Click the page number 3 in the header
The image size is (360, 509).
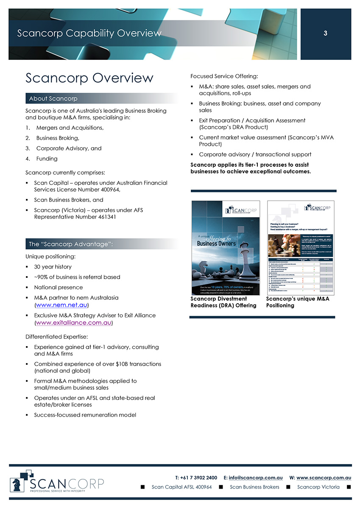point(325,34)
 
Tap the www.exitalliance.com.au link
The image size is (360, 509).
point(74,322)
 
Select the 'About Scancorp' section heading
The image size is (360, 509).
point(53,98)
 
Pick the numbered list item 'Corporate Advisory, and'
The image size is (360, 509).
point(69,148)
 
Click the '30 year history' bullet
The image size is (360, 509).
point(53,267)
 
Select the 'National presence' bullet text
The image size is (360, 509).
point(59,288)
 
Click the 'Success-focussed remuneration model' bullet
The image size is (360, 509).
point(85,415)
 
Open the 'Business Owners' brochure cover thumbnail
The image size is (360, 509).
point(225,247)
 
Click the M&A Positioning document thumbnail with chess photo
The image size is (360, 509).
point(300,247)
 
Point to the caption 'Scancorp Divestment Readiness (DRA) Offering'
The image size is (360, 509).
point(223,302)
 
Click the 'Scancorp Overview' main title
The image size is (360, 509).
point(89,78)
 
